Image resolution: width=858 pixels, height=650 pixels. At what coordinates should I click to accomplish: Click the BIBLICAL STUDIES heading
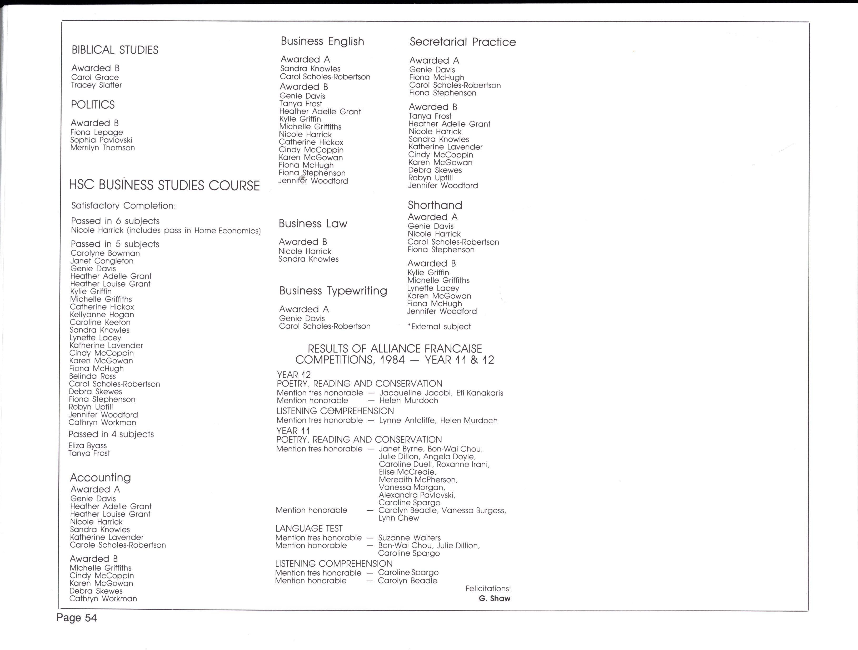115,50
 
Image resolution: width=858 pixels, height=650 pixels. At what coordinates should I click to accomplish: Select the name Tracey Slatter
96,85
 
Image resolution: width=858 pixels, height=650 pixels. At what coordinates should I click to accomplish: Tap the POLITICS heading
93,105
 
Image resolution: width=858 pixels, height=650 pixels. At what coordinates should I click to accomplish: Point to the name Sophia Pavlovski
101,140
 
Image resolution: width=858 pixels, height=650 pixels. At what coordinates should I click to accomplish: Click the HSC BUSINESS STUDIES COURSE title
164,185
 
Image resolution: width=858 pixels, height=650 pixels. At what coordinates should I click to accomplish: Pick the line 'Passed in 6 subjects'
115,221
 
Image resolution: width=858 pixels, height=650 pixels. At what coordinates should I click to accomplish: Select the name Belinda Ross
92,376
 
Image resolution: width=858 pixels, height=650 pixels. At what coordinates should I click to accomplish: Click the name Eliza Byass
87,446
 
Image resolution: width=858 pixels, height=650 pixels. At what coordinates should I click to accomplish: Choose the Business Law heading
313,224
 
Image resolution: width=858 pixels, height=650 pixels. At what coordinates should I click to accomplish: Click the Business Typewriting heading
333,291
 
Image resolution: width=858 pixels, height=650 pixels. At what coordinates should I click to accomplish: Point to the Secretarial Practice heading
463,42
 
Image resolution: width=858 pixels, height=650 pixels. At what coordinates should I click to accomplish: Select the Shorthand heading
435,205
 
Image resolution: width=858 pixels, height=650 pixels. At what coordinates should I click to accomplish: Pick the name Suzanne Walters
409,538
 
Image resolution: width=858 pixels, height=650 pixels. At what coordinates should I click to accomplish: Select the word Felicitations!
488,589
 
